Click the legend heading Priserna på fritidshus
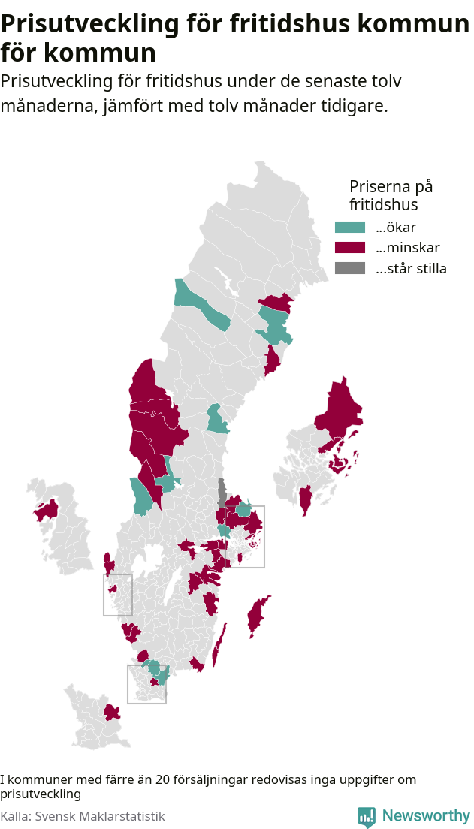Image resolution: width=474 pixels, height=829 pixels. pos(391,194)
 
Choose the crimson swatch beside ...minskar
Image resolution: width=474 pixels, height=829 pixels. pos(349,248)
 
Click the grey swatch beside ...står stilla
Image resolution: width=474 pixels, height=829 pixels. pos(349,268)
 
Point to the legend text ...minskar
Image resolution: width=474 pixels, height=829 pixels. pos(407,248)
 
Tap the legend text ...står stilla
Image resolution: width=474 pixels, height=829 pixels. pos(411,268)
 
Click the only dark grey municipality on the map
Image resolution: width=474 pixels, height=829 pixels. pos(222,491)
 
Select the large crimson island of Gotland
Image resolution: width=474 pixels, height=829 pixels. pos(258,616)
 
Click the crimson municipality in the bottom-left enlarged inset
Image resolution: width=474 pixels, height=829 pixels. pos(112,712)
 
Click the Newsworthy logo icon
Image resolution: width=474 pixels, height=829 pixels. pos(366,816)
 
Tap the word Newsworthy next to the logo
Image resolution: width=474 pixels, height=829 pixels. pos(425,816)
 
